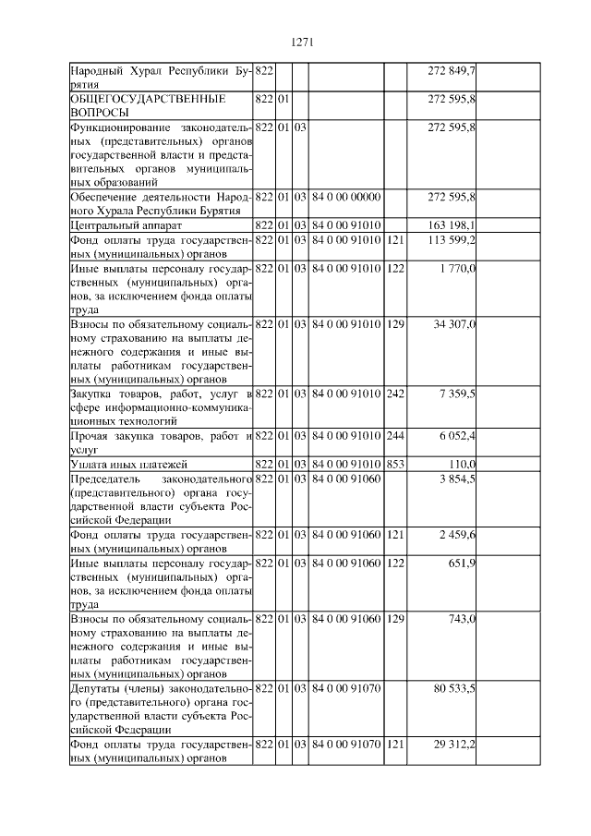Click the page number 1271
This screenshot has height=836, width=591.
[x=303, y=42]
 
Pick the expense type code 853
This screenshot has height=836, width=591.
[x=394, y=463]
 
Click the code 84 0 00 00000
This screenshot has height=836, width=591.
[x=345, y=197]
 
